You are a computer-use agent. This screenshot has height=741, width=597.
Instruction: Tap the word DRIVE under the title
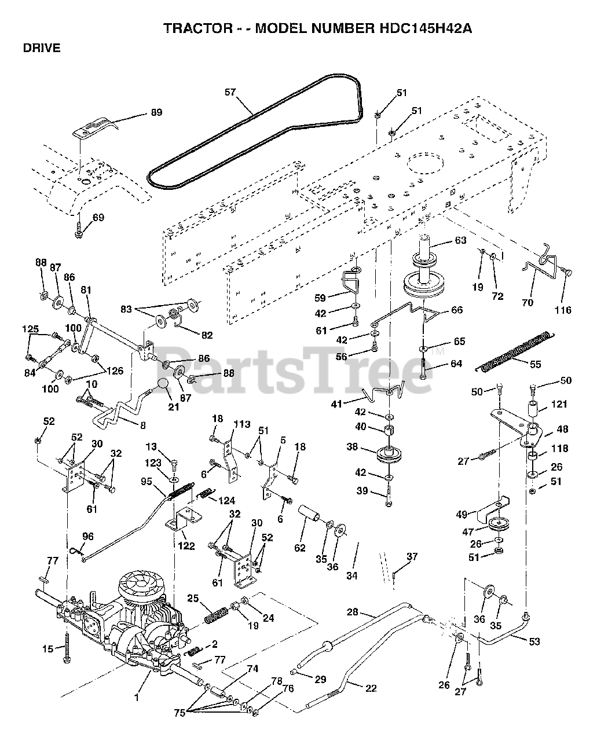pyautogui.click(x=42, y=49)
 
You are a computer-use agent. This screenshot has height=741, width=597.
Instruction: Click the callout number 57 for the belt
pyautogui.click(x=230, y=92)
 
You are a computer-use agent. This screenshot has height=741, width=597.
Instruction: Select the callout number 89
pyautogui.click(x=156, y=112)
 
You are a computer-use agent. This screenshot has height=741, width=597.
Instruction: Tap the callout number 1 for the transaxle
pyautogui.click(x=137, y=698)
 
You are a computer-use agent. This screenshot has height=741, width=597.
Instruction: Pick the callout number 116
pyautogui.click(x=562, y=310)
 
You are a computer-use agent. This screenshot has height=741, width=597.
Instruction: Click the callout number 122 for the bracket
pyautogui.click(x=187, y=546)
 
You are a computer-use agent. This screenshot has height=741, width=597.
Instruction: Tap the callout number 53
pyautogui.click(x=534, y=641)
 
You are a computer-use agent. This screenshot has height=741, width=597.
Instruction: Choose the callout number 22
pyautogui.click(x=371, y=688)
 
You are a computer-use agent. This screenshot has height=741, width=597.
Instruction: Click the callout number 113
pyautogui.click(x=241, y=424)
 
